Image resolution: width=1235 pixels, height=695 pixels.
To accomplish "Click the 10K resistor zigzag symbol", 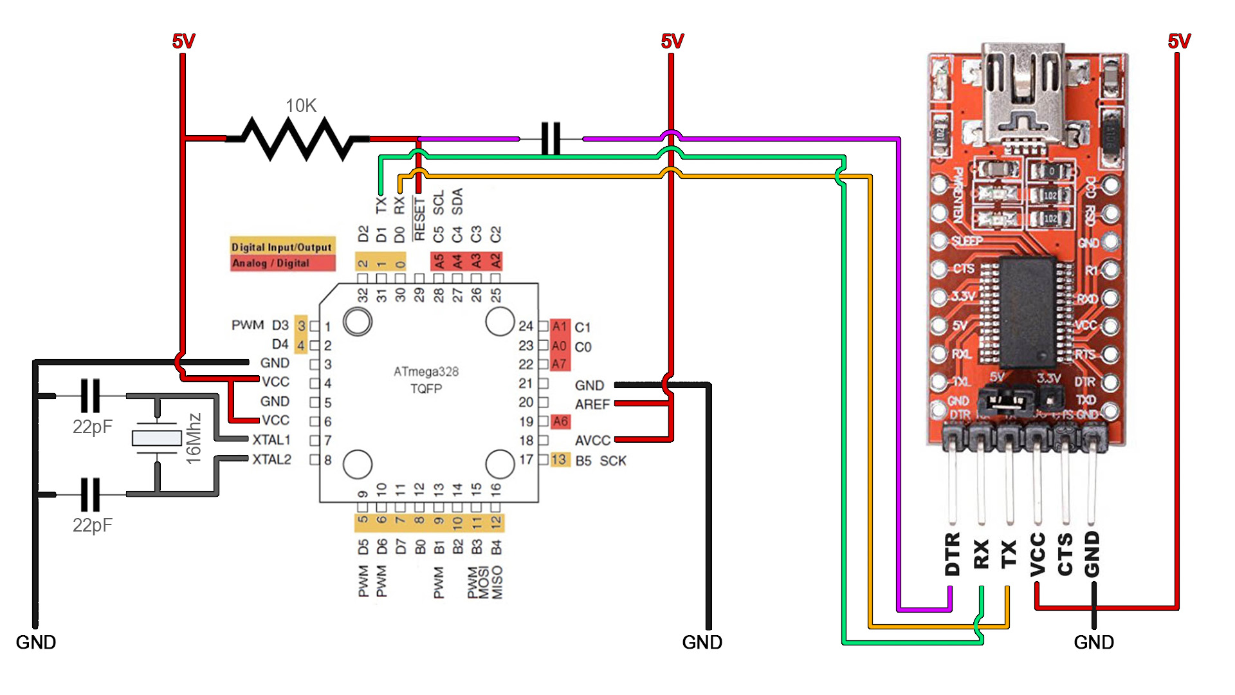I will point(297,138).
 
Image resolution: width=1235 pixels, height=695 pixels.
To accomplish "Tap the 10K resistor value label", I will point(301,106).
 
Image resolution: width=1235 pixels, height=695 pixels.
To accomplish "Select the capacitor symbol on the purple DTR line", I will point(551,138).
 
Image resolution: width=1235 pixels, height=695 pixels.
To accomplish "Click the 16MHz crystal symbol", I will point(156,438).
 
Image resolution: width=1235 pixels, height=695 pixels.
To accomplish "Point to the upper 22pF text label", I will point(92,427).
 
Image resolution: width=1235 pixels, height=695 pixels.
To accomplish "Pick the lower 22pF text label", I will point(92,525).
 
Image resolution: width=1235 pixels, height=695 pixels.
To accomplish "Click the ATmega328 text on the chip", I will point(426,371).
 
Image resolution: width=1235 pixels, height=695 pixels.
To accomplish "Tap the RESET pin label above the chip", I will point(419,219).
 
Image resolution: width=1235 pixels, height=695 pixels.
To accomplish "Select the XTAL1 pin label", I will point(271,440).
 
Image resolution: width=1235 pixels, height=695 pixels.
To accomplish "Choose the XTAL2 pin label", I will point(271,459).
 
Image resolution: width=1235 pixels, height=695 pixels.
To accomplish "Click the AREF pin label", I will point(592,404).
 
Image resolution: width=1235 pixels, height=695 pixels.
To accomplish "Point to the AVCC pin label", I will point(592,440).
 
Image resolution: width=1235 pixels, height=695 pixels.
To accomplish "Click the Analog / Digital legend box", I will point(282,263).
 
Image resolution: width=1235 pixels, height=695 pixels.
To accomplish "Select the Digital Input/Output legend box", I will point(282,246).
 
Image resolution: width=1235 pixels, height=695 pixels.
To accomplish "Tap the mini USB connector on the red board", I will point(1023,97).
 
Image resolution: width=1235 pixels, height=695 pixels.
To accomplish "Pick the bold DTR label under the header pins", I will point(953,553).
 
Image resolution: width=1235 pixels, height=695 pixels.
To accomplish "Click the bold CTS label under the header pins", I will point(1065,553).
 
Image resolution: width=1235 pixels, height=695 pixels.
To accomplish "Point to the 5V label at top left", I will point(183,42).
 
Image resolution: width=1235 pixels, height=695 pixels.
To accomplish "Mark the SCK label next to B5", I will point(612,461).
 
